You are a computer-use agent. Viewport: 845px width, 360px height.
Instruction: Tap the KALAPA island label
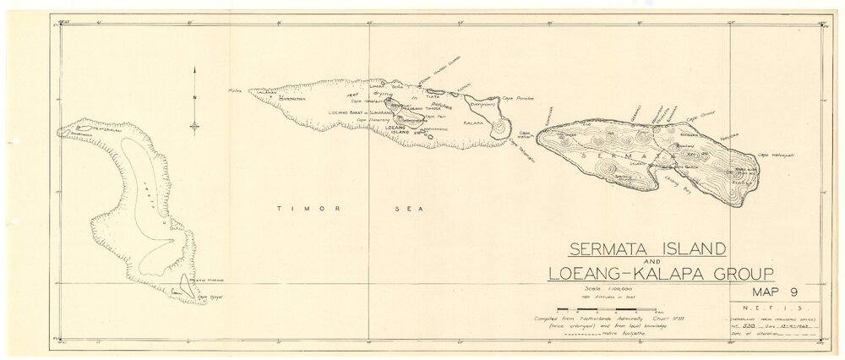coord(474,123)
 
